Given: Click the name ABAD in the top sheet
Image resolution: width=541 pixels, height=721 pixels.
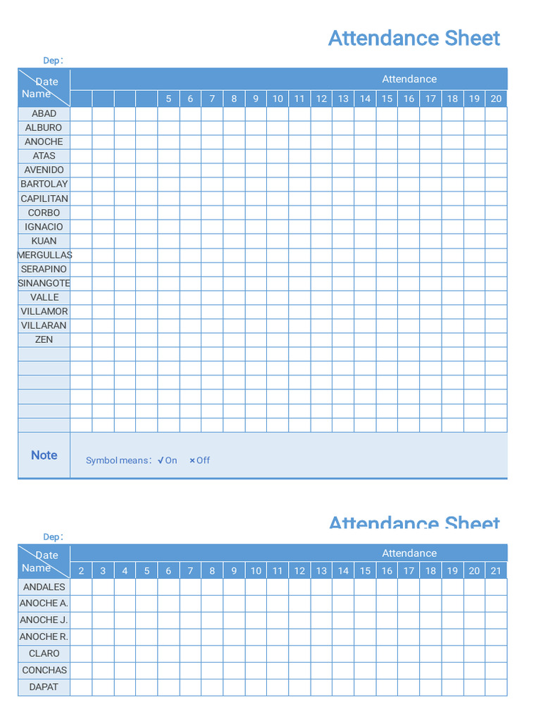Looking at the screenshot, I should coord(44,113).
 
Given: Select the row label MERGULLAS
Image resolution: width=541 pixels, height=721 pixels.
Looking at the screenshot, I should coord(44,255).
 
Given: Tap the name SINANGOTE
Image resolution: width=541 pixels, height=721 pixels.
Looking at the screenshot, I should coord(44,283).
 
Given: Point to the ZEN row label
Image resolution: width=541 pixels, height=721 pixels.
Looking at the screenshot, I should coord(44,339).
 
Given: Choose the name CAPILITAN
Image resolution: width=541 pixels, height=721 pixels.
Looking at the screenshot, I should coord(44,199).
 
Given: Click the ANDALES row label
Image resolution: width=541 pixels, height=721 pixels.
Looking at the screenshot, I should coord(44,587).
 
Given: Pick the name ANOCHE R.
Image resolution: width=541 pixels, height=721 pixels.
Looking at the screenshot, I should coord(44,637).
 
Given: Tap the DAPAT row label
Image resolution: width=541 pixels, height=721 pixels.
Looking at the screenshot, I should coord(44,686).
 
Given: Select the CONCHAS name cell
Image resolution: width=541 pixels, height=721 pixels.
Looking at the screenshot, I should coord(44,670).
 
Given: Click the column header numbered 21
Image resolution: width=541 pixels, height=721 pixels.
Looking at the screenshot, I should coord(496,571).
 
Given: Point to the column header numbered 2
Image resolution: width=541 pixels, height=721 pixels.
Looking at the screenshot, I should coord(81,571).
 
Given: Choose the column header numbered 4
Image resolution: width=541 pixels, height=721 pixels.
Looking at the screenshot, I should coord(125,571).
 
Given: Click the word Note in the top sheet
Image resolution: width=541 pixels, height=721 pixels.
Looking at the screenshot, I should coord(44,456).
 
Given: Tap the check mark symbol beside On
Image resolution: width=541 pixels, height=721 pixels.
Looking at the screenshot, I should coord(161,460).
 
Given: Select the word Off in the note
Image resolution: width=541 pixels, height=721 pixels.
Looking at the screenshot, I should coord(203,460).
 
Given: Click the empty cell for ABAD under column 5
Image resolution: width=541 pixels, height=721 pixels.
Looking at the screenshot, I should coord(168,113).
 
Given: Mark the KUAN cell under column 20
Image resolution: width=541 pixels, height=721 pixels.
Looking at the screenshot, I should coord(496,241).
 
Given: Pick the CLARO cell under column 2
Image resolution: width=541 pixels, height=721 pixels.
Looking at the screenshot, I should coord(81,653).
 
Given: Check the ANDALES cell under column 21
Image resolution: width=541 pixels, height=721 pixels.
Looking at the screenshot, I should coord(496,587).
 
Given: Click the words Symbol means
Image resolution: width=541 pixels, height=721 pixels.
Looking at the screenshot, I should coord(117,460).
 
